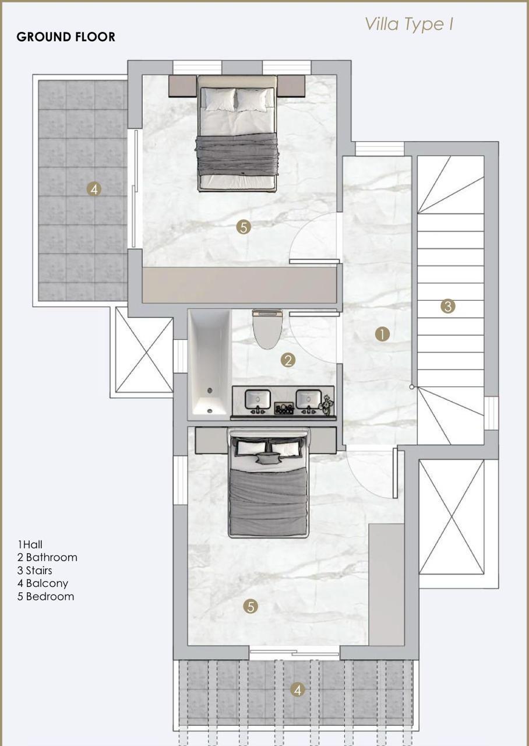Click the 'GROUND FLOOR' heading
pos(66,37)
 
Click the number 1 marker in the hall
pos(382,334)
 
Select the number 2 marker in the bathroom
pos(288,360)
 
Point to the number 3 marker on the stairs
pos(448,306)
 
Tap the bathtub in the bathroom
pos(210,363)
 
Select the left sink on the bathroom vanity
pos(258,399)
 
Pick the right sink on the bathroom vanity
pos(309,399)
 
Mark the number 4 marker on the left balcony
pos(94,189)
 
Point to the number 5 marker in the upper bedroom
pos(244,227)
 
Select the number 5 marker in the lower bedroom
pos(251,607)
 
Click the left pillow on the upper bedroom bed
pos(220,99)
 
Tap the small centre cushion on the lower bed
pos(267,459)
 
